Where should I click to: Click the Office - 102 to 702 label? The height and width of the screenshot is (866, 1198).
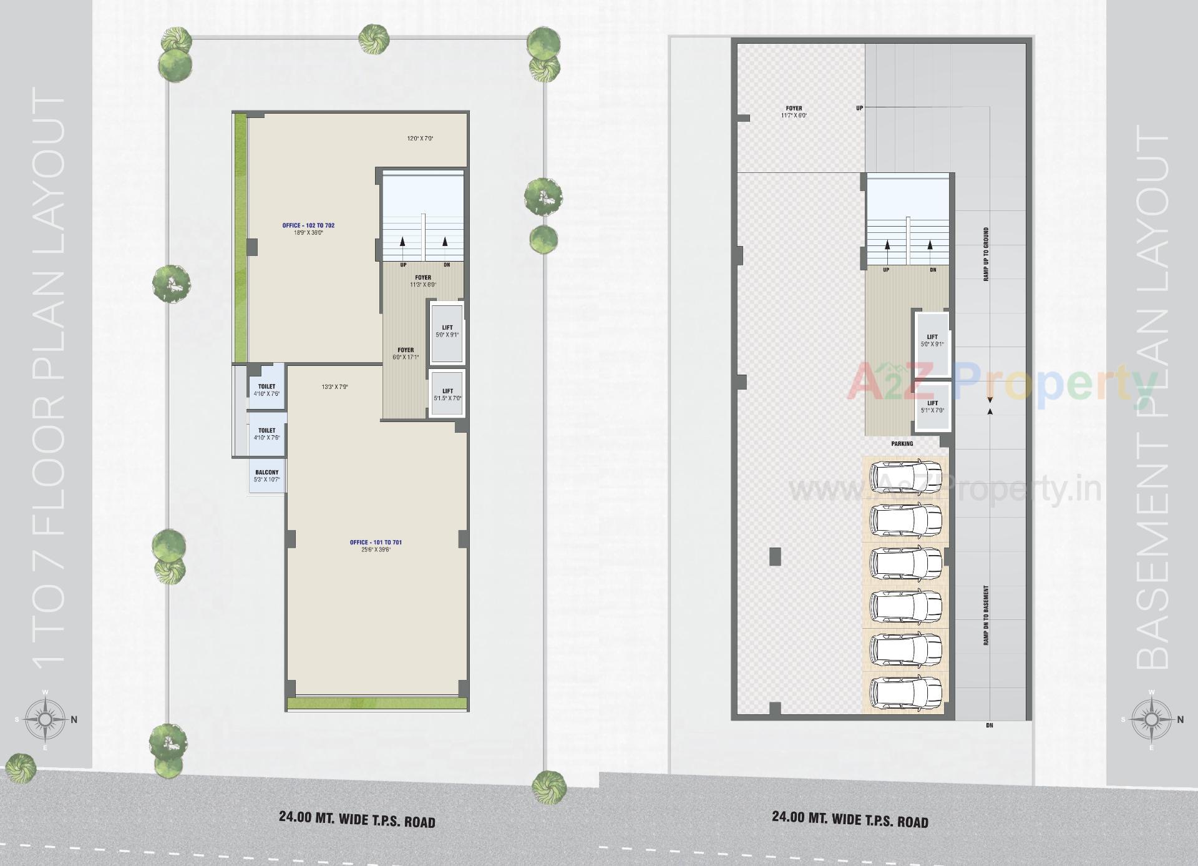[x=308, y=225]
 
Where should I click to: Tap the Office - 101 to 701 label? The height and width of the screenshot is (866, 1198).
[x=376, y=543]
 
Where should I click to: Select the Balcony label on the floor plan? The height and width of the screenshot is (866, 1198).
[x=267, y=473]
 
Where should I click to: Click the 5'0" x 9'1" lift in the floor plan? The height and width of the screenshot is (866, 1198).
[x=447, y=332]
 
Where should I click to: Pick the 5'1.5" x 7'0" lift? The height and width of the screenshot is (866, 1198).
[x=447, y=395]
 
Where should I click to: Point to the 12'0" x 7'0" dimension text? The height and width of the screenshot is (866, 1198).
[x=420, y=139]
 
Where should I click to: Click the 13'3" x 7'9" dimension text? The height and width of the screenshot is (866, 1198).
[x=334, y=387]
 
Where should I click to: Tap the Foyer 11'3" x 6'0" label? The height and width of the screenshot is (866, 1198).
[x=423, y=281]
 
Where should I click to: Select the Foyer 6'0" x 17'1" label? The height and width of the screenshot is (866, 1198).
[x=406, y=353]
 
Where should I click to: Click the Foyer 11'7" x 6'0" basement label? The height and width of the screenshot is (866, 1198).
[x=794, y=112]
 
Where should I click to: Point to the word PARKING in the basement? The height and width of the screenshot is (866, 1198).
[x=902, y=444]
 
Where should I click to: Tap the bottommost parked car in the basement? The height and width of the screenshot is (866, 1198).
[x=905, y=691]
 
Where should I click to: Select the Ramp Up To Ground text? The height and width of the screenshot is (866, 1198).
[x=986, y=254]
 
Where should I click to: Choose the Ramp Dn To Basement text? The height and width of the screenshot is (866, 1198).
[x=986, y=615]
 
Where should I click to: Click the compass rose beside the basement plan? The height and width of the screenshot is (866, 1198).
[x=1152, y=720]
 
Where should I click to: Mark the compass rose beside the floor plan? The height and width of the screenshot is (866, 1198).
[x=46, y=720]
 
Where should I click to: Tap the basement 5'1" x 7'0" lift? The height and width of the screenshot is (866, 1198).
[x=932, y=406]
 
